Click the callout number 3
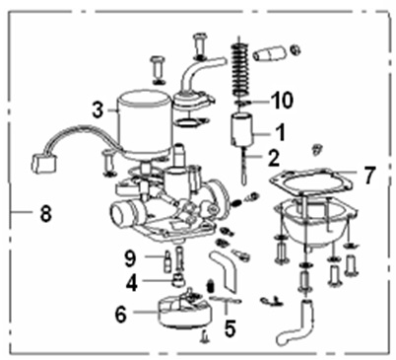(98, 110)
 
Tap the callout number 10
(281, 100)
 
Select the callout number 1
(280, 132)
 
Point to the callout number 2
(273, 158)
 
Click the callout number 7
(368, 176)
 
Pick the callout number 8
(46, 213)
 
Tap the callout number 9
(130, 258)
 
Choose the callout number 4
(132, 283)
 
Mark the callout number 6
(121, 315)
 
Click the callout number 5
(230, 328)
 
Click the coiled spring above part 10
(240, 71)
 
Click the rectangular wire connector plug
(42, 164)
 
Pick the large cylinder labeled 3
(145, 123)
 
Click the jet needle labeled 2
(244, 166)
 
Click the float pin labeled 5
(225, 300)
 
